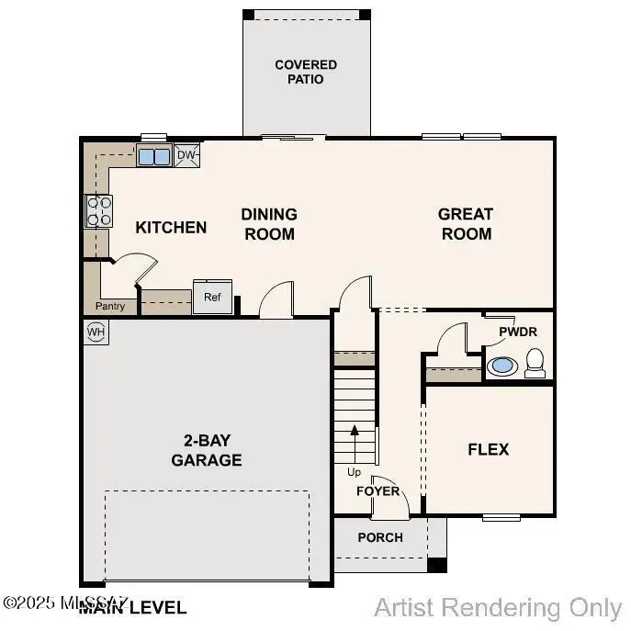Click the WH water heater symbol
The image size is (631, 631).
pos(96,331)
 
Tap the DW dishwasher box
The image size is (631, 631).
pos(186,155)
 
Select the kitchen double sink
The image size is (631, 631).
pos(153,156)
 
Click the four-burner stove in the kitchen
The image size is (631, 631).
pos(99,211)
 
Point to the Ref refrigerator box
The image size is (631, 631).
pos(212,297)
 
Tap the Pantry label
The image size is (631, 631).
pos(110,306)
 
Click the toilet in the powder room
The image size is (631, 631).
pos(535,364)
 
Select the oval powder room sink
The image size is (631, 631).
pos(501,366)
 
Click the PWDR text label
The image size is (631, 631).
pos(518,332)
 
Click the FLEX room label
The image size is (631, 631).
pos(488,450)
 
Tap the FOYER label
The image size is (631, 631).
pos(378,490)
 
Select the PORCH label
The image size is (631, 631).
pos(380,537)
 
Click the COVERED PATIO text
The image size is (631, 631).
pos(306,72)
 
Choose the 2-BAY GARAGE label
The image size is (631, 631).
pos(206,450)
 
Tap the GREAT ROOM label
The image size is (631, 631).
pos(466,223)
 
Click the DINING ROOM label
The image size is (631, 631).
pos(269,223)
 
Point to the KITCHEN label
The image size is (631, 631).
pos(171,227)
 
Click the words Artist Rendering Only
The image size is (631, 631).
pos(498,607)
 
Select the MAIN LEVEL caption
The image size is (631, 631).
pos(133,607)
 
